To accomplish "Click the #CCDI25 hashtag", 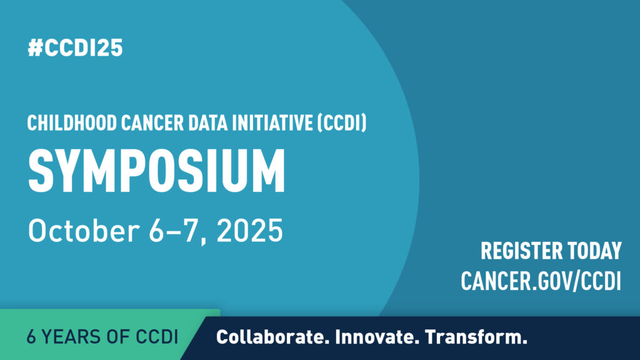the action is click(75, 47).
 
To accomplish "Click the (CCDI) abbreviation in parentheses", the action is click(342, 123).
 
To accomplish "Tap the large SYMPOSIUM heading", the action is click(156, 171).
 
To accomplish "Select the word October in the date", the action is click(84, 231).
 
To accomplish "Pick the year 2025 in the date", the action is click(250, 231).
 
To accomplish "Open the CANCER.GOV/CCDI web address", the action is click(541, 281).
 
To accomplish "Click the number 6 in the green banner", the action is click(31, 337).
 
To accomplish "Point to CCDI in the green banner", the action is click(157, 337).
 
